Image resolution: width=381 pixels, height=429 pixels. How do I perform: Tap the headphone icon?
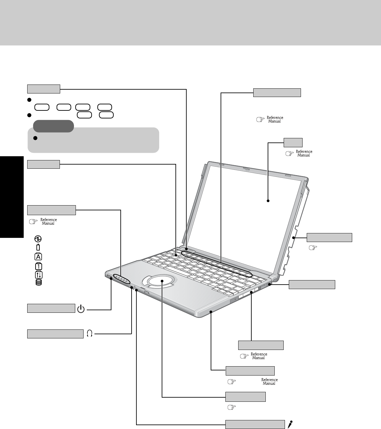[89, 334]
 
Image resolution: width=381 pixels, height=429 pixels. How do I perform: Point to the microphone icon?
[290, 424]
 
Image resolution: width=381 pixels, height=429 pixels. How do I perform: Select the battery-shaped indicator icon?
[38, 247]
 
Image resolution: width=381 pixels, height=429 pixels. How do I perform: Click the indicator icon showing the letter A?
[38, 256]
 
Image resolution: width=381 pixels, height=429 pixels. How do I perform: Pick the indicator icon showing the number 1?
[38, 266]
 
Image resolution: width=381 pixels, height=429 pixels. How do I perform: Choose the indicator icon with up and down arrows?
[38, 274]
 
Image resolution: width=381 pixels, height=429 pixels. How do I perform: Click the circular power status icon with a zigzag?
[38, 239]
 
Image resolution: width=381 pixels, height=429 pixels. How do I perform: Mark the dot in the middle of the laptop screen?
[268, 201]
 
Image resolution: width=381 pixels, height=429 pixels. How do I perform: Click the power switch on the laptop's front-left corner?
[109, 276]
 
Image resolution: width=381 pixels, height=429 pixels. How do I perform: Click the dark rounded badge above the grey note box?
[53, 126]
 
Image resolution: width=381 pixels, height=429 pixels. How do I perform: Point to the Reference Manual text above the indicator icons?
[49, 222]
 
